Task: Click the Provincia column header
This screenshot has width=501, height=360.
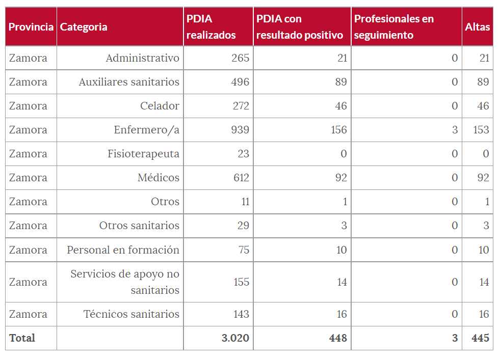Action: pyautogui.click(x=31, y=27)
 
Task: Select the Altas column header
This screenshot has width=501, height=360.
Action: pyautogui.click(x=477, y=27)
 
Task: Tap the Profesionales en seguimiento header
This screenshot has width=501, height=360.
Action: pyautogui.click(x=394, y=27)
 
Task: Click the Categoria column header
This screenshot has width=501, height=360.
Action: pyautogui.click(x=84, y=27)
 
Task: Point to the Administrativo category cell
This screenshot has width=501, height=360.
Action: pyautogui.click(x=142, y=58)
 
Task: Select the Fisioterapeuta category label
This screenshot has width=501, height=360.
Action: pyautogui.click(x=143, y=154)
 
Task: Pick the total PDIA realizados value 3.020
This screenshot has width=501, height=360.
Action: pyautogui.click(x=235, y=338)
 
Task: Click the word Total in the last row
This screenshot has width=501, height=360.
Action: pyautogui.click(x=22, y=338)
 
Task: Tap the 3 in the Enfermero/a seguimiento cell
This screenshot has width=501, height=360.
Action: pyautogui.click(x=455, y=130)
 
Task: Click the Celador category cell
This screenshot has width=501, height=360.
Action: pyautogui.click(x=160, y=106)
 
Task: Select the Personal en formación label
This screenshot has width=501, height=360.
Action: pyautogui.click(x=123, y=250)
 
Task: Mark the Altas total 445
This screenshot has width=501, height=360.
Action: pyautogui.click(x=480, y=338)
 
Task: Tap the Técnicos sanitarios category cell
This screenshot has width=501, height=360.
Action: pyautogui.click(x=131, y=314)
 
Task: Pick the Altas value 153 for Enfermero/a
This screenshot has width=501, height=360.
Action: pyautogui.click(x=481, y=130)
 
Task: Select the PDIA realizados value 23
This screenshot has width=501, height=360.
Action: pyautogui.click(x=243, y=154)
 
